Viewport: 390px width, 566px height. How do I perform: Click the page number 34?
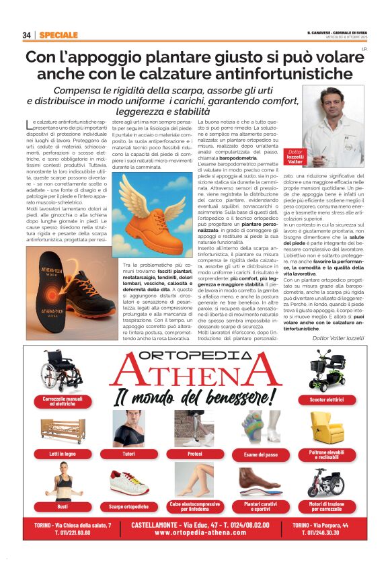point(26,34)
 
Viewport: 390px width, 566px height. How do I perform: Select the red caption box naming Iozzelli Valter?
point(295,157)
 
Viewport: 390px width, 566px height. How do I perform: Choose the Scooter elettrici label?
point(327,401)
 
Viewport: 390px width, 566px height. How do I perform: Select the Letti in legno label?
point(63,454)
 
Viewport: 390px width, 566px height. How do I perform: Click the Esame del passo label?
point(260,454)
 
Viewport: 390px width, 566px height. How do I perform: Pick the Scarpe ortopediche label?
point(128,506)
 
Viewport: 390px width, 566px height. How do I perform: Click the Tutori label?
point(128,454)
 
